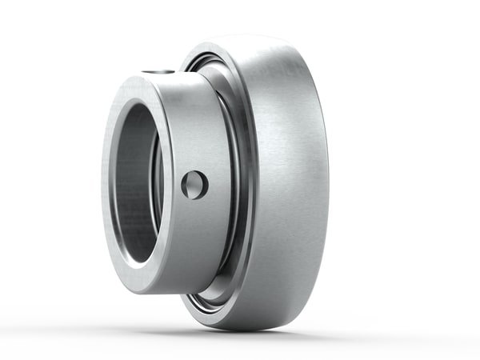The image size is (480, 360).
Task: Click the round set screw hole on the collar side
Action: (194, 185)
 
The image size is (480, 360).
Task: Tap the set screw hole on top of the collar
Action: (158, 72)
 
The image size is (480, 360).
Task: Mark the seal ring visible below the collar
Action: (210, 293)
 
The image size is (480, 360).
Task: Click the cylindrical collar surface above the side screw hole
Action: (192, 120)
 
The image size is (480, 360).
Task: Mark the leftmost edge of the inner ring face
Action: (102, 184)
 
